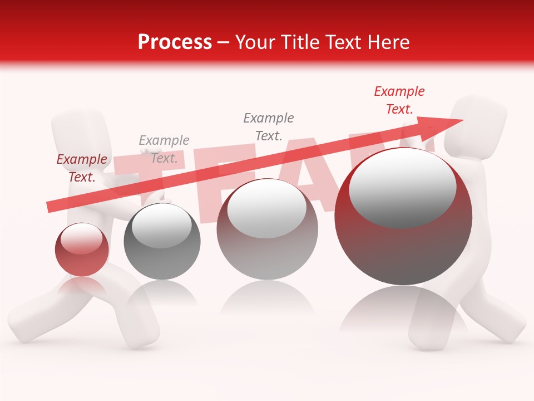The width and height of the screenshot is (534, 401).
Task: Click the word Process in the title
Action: click(x=175, y=42)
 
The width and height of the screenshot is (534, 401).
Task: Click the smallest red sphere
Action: click(x=82, y=250)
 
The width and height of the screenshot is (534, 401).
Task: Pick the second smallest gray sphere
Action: click(x=162, y=241)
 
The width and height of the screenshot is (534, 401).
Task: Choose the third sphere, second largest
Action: click(x=267, y=229)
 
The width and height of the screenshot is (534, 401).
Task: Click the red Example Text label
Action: click(x=399, y=100)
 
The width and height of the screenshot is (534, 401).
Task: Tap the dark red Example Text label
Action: click(x=82, y=168)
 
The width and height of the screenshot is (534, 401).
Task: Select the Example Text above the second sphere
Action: click(x=164, y=149)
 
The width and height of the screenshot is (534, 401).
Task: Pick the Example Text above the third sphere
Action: click(x=268, y=126)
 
